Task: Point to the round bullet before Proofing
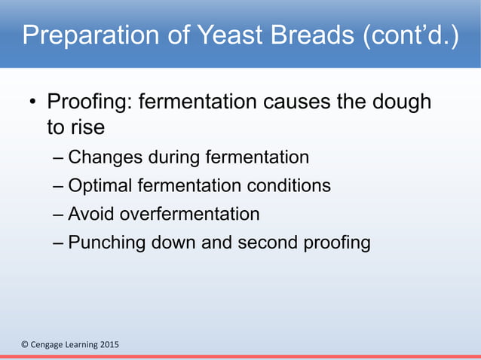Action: [33, 102]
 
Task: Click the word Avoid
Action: [89, 214]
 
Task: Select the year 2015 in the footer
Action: [107, 345]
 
